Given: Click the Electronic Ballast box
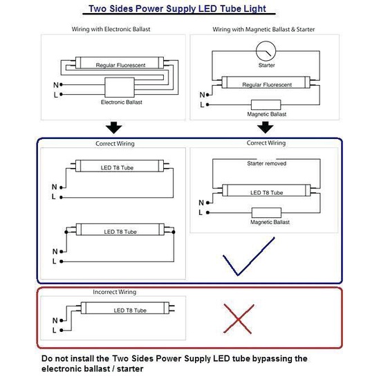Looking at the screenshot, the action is [x=120, y=87].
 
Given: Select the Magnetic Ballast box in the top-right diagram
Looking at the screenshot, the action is [x=266, y=105].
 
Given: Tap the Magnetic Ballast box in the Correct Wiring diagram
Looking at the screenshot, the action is [x=266, y=213].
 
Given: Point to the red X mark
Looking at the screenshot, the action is [x=239, y=319].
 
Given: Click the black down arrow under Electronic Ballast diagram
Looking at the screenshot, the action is [x=114, y=127].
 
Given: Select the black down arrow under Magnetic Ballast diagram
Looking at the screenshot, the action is [x=265, y=127].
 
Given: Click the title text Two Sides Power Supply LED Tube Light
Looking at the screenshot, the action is [x=177, y=9].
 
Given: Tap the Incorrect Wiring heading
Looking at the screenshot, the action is [x=115, y=292].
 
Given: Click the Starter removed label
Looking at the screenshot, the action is [x=266, y=163].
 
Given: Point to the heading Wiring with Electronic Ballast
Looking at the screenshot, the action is [x=111, y=29].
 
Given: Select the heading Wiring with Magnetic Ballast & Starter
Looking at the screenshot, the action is [x=264, y=30].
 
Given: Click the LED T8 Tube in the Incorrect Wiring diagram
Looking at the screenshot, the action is [x=127, y=308].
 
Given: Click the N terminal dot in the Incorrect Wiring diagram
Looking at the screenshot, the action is [x=62, y=320].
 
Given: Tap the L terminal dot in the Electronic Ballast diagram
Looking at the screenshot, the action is [x=61, y=94].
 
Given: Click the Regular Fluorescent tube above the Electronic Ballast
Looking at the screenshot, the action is [x=120, y=63].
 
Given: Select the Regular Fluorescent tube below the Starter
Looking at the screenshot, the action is [x=266, y=82].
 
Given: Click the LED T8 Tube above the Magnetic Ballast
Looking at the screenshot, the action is [x=266, y=190].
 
